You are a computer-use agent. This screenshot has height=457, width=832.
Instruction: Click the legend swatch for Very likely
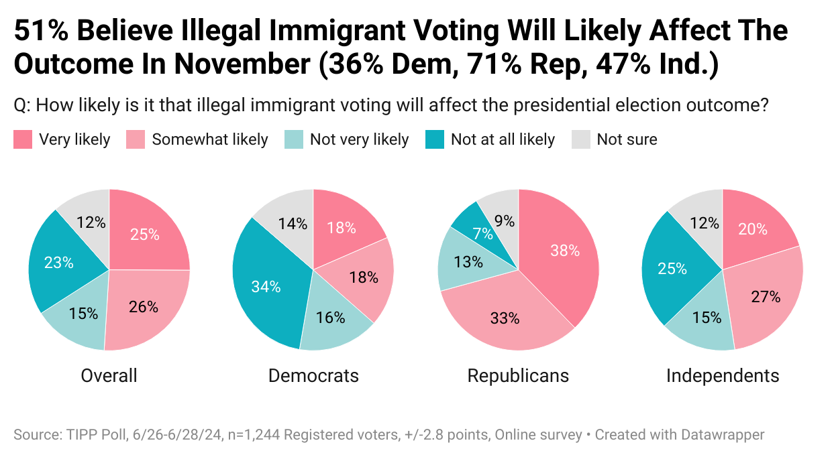[23, 139]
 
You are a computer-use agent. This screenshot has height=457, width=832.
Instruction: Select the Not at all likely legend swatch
[435, 139]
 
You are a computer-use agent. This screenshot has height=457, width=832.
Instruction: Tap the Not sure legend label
[627, 139]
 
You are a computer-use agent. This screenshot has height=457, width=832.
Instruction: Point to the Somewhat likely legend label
[209, 139]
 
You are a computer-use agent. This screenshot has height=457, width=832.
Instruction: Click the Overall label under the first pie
[109, 375]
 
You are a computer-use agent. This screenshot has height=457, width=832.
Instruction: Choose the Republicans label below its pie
[518, 375]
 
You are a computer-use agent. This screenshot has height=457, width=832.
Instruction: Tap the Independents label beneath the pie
[723, 375]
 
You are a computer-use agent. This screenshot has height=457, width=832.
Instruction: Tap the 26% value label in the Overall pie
[144, 307]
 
